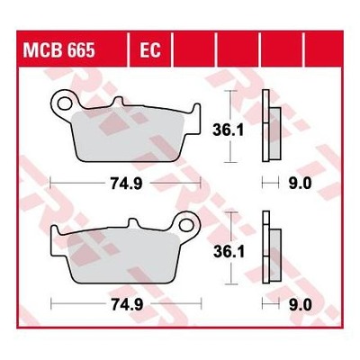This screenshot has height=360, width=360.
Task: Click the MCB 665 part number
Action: [x=59, y=49]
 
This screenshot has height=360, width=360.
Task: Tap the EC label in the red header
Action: [x=150, y=49]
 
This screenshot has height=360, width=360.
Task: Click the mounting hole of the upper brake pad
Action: [x=64, y=103]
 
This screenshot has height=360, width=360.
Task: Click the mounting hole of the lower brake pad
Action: [x=186, y=225]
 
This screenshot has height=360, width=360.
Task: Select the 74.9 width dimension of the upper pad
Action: [x=127, y=184]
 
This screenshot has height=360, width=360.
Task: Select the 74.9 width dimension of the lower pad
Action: [x=127, y=305]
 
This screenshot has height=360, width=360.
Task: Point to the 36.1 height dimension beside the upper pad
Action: [x=228, y=130]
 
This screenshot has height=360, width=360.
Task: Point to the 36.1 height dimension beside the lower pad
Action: [x=229, y=252]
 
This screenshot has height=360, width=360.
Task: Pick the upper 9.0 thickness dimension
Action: [x=300, y=184]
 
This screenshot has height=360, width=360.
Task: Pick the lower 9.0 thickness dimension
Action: [x=301, y=305]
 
